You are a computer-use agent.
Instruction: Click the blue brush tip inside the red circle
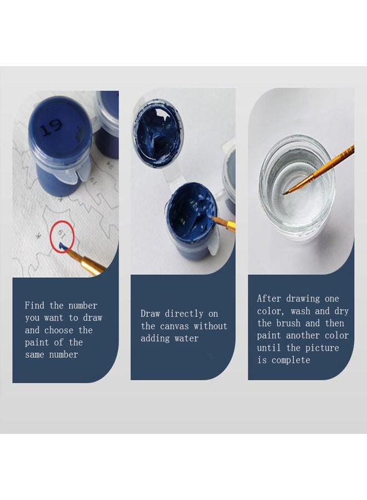(x=62, y=246)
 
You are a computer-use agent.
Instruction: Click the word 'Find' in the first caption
(x=34, y=306)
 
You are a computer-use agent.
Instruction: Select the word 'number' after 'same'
(x=63, y=354)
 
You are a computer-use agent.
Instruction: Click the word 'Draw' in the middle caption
(x=150, y=313)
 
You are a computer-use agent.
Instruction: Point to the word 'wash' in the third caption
(x=300, y=311)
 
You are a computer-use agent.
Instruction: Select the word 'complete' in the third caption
(x=291, y=361)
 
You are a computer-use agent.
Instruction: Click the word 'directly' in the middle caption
(x=184, y=314)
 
